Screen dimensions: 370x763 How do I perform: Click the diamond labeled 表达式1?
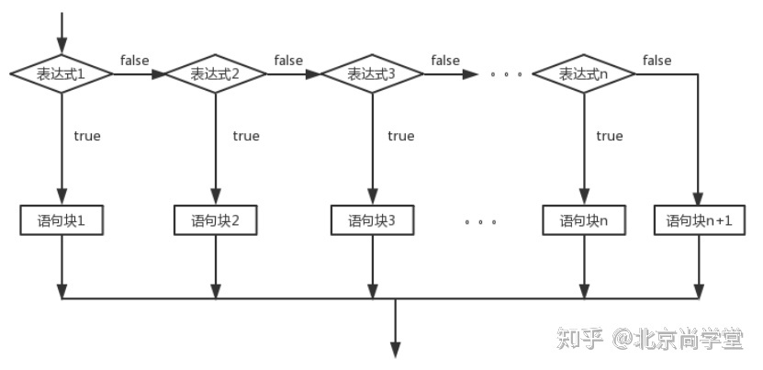click(62, 74)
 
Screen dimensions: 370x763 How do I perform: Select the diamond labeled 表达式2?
click(215, 74)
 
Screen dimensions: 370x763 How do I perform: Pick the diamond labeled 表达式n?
click(584, 74)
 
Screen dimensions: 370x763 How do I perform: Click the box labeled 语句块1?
click(62, 221)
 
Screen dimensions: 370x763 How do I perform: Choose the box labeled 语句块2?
click(215, 221)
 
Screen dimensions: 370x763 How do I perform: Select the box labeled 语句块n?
click(584, 221)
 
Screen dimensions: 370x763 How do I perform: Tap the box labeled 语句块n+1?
click(699, 221)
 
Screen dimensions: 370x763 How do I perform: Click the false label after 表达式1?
click(135, 61)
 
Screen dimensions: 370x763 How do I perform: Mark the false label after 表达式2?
click(288, 61)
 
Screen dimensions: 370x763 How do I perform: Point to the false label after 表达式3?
click(445, 61)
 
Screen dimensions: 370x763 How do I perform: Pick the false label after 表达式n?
click(656, 61)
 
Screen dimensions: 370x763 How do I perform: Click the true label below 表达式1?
click(87, 136)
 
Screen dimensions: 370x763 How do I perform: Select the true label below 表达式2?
click(245, 136)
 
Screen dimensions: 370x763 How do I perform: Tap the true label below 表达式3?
click(400, 136)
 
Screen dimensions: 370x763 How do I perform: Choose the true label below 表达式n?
click(609, 136)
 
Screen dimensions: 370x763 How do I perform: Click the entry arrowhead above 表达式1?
click(62, 45)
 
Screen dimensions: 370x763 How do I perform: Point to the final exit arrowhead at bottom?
click(396, 349)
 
